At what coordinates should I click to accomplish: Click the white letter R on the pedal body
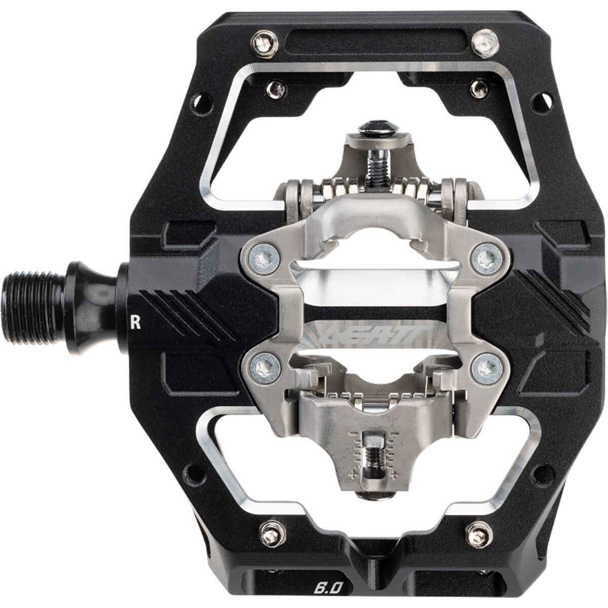(135, 323)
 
